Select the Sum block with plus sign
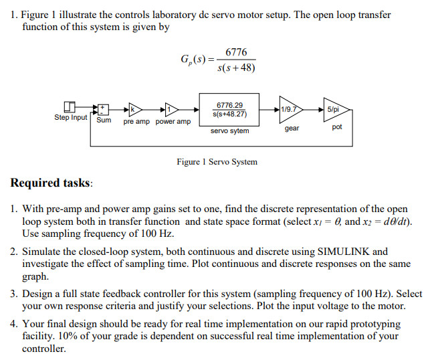click(x=104, y=108)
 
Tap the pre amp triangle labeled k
click(x=133, y=108)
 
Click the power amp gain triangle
click(x=171, y=108)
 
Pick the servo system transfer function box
click(x=229, y=109)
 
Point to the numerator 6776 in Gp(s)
click(x=236, y=52)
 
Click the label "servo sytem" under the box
click(x=229, y=131)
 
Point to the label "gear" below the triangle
click(x=292, y=128)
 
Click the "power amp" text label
click(x=173, y=122)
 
